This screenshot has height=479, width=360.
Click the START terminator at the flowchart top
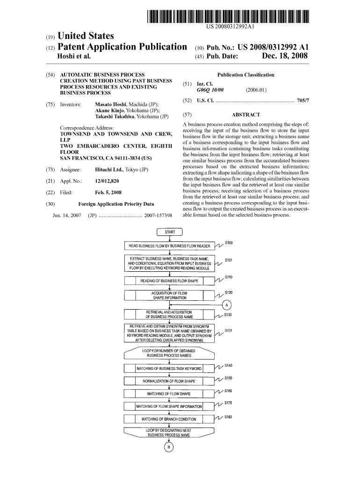170,232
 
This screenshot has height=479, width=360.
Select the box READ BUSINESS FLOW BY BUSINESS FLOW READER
169,246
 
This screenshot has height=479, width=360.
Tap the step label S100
229,243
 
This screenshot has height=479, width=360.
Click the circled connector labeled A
227,305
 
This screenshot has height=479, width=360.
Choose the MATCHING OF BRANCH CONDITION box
169,419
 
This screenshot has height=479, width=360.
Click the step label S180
228,416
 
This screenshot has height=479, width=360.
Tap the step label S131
229,331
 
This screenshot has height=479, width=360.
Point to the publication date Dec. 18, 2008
285,57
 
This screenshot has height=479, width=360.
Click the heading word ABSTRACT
246,115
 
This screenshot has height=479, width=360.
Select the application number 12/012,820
107,181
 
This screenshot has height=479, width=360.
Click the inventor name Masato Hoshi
112,104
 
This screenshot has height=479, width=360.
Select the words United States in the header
85,36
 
